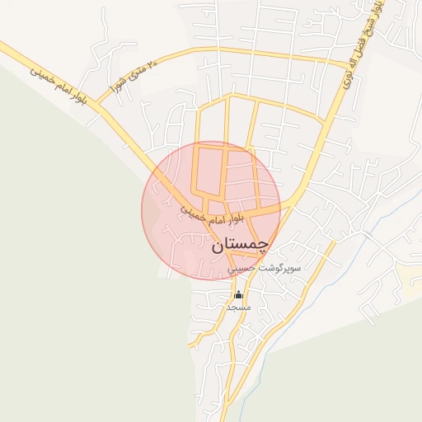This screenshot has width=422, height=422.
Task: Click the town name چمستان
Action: click(x=240, y=245)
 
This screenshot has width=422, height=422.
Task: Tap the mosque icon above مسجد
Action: click(x=238, y=294)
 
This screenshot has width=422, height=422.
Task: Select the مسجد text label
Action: click(x=238, y=307)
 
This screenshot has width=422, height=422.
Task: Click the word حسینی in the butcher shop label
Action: click(x=246, y=269)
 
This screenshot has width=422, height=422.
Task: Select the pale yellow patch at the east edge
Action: click(x=410, y=276)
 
